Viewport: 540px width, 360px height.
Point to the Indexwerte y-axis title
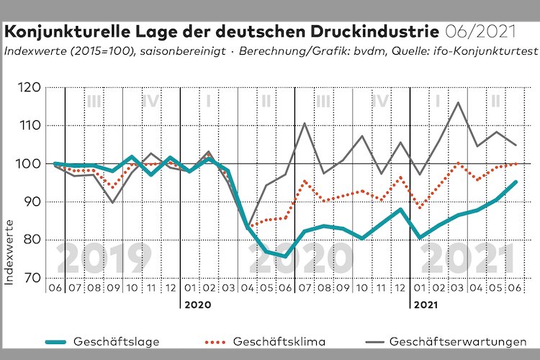(x=10, y=254)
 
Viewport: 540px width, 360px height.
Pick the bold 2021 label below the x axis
(x=426, y=305)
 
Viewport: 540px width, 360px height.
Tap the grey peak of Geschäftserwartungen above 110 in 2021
(x=458, y=102)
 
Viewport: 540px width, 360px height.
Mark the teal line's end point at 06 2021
(x=516, y=181)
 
